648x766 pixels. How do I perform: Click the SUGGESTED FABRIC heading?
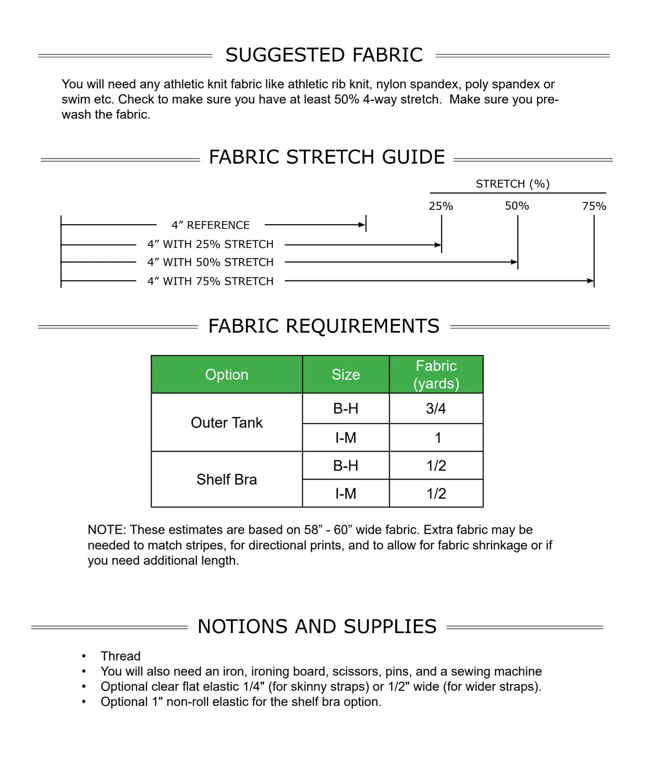(x=323, y=55)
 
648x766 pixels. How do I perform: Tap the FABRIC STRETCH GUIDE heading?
(x=327, y=157)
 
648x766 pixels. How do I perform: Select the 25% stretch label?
(x=441, y=206)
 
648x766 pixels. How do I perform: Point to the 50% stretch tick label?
(x=517, y=206)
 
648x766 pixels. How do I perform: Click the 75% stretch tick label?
(x=594, y=206)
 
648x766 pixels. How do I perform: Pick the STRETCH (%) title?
(x=512, y=184)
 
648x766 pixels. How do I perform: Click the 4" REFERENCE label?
(x=210, y=225)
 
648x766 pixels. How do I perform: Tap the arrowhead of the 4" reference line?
(x=362, y=225)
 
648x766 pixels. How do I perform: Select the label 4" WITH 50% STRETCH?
(x=210, y=263)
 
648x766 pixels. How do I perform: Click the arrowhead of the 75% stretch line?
(x=590, y=281)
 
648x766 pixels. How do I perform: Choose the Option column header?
(x=227, y=375)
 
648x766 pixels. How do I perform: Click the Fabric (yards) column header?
(x=436, y=375)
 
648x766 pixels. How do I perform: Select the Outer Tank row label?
(x=227, y=423)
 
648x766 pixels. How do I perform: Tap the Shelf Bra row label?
(x=227, y=479)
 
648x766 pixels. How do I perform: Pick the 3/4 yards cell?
(x=436, y=408)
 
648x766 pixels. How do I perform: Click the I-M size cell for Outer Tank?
(x=346, y=438)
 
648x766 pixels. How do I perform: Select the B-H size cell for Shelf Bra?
(x=346, y=466)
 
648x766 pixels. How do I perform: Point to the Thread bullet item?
(x=120, y=656)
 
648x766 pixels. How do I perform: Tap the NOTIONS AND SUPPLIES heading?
(x=317, y=627)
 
